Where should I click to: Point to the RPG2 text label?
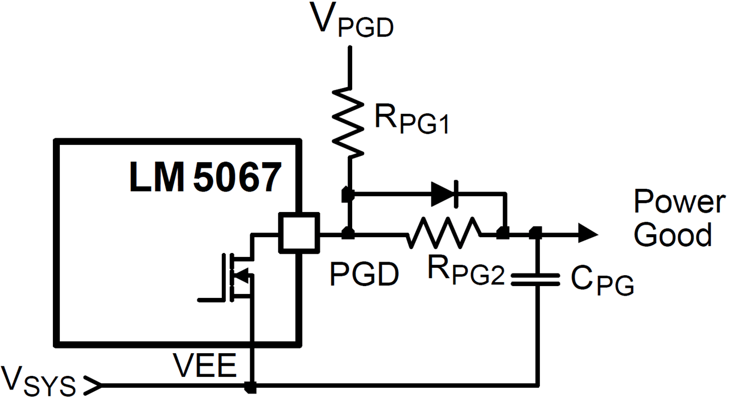465,271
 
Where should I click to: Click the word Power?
680,202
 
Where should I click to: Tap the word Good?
673,234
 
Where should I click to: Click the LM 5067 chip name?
205,177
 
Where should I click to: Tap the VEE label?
204,366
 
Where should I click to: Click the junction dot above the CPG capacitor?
535,232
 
